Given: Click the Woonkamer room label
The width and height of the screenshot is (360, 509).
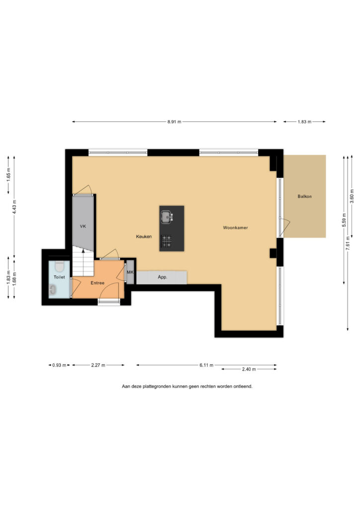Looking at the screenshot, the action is pyautogui.click(x=235, y=228).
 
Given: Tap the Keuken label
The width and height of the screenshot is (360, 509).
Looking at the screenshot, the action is pyautogui.click(x=144, y=237).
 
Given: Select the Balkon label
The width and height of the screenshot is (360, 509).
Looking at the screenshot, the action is pyautogui.click(x=304, y=196).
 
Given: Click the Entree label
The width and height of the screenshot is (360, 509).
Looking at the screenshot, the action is pyautogui.click(x=97, y=283).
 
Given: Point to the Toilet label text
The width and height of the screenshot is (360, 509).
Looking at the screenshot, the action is pyautogui.click(x=59, y=277).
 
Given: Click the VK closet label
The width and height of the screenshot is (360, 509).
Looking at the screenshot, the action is pyautogui.click(x=83, y=226).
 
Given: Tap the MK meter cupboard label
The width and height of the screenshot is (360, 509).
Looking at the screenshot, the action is pyautogui.click(x=130, y=272).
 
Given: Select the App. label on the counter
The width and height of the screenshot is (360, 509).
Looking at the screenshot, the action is pyautogui.click(x=162, y=277).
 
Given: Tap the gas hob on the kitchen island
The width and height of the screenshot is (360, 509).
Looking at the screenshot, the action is pyautogui.click(x=167, y=241).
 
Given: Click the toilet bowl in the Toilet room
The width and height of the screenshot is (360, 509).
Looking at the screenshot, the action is pyautogui.click(x=59, y=267).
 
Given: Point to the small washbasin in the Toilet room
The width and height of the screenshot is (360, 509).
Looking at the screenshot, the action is pyautogui.click(x=52, y=290).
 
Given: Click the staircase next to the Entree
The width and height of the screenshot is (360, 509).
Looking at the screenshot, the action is pyautogui.click(x=83, y=261).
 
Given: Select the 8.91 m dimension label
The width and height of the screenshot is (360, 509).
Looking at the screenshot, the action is pyautogui.click(x=175, y=122).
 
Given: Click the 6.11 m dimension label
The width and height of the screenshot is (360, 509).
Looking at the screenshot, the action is pyautogui.click(x=206, y=365).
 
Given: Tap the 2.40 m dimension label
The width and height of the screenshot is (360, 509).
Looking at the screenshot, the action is pyautogui.click(x=249, y=369).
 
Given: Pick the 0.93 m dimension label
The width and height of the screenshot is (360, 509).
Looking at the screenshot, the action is pyautogui.click(x=59, y=365).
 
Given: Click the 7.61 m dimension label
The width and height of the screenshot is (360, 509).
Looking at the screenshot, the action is pyautogui.click(x=348, y=243).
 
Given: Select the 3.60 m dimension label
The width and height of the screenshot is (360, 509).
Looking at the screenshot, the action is pyautogui.click(x=352, y=196).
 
